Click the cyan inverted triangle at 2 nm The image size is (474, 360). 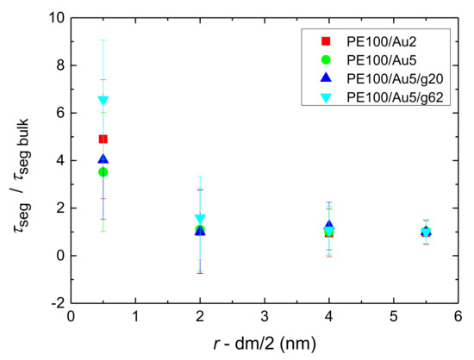pyautogui.click(x=200, y=219)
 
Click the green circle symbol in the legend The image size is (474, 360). pyautogui.click(x=326, y=59)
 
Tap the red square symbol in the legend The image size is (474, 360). pyautogui.click(x=326, y=40)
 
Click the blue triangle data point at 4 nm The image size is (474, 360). pyautogui.click(x=329, y=226)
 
